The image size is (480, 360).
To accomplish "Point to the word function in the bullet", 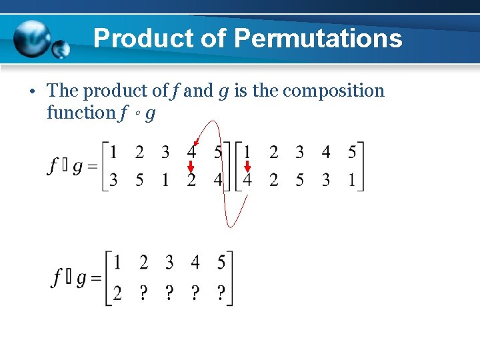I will pyautogui.click(x=81, y=113).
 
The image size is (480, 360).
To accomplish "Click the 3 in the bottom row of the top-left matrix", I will pyautogui.click(x=113, y=180).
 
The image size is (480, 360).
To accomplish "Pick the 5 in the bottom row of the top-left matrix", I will pyautogui.click(x=139, y=180).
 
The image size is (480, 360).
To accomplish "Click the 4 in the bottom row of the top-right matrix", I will pyautogui.click(x=247, y=181).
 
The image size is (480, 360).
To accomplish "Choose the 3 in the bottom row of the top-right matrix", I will pyautogui.click(x=326, y=181).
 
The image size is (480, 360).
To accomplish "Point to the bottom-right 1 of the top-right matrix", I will pyautogui.click(x=351, y=181).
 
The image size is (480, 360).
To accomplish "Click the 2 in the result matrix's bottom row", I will pyautogui.click(x=117, y=292).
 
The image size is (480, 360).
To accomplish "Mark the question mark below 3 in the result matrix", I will pyautogui.click(x=169, y=292).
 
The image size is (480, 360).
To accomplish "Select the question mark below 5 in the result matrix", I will pyautogui.click(x=221, y=292).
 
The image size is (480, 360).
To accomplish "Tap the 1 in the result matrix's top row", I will pyautogui.click(x=117, y=263).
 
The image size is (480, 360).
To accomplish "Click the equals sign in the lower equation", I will pyautogui.click(x=96, y=279).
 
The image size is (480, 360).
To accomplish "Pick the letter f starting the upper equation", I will pyautogui.click(x=52, y=166).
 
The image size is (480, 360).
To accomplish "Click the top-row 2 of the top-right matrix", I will pyautogui.click(x=273, y=153).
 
